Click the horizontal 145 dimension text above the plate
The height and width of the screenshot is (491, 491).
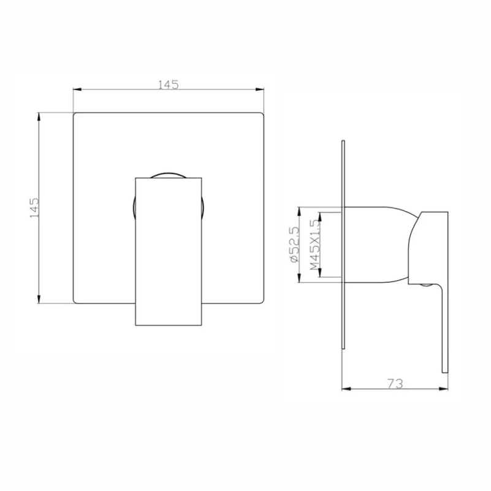(169, 85)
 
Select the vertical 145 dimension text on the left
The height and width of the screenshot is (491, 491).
(35, 208)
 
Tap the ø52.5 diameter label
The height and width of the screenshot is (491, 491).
(295, 245)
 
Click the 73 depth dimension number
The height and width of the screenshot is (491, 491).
(395, 384)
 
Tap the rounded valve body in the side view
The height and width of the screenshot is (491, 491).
(380, 245)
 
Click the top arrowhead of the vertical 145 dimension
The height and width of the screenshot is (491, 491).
(40, 115)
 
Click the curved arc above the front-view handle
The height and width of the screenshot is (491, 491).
(167, 173)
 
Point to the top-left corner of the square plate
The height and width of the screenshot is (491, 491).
(75, 113)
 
